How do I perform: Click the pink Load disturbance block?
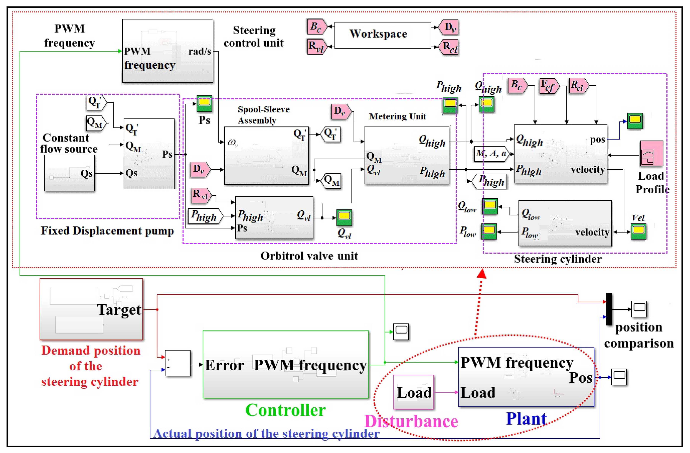(413, 392)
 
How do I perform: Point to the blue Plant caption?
(526, 419)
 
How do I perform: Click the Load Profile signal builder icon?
(651, 153)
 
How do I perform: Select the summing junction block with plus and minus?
(178, 363)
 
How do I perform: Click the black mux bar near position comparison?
(609, 309)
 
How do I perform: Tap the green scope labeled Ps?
(204, 103)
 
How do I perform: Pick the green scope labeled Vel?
(638, 231)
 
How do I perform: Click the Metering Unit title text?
(397, 116)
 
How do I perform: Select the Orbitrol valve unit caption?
(309, 256)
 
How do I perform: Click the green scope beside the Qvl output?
(344, 217)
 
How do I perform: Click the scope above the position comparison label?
(639, 309)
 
